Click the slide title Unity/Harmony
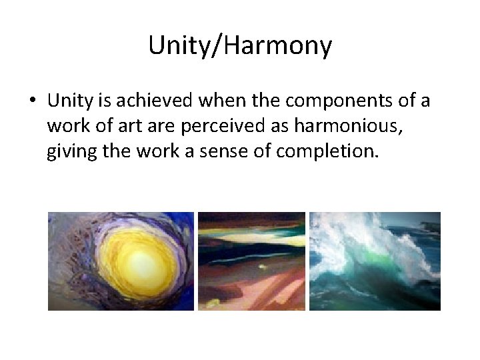(240, 46)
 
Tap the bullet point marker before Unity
(32, 101)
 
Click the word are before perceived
(160, 127)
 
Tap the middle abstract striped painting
(251, 261)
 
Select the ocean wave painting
(375, 261)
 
